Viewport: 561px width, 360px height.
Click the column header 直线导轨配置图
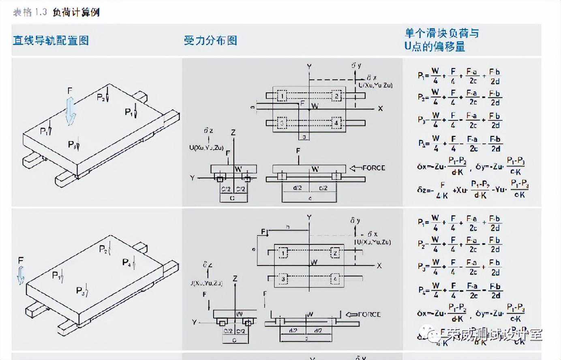pos(51,41)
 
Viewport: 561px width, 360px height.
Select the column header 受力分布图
pos(210,41)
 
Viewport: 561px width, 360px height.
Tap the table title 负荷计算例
pos(76,12)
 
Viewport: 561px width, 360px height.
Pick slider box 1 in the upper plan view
pos(281,96)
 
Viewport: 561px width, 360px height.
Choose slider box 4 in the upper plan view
pos(336,122)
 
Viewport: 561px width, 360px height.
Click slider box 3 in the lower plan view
pos(283,279)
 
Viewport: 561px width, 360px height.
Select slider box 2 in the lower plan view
pos(335,253)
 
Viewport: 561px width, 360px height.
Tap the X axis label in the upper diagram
pos(380,109)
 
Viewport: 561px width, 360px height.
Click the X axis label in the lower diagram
pos(379,266)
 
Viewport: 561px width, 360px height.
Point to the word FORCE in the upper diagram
pos(374,168)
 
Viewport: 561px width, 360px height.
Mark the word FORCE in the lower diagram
pos(369,314)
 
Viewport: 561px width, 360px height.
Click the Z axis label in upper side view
pos(233,133)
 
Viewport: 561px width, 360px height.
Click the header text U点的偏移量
pos(435,46)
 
